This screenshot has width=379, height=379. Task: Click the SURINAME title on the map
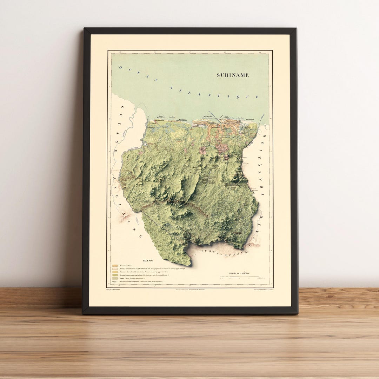tap(232, 75)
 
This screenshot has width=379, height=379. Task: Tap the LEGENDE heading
tap(148, 261)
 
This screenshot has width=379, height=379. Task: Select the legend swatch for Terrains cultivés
tap(115, 266)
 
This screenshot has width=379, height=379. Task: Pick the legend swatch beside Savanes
tap(115, 272)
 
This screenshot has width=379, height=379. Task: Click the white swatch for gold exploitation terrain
tap(115, 269)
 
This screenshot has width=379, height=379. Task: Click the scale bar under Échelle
tap(242, 277)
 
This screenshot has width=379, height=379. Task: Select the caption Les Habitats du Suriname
tap(189, 290)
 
